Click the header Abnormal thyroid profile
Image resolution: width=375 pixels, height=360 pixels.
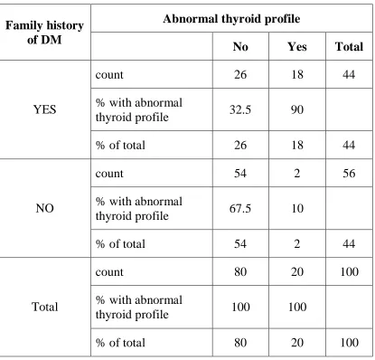click(231, 19)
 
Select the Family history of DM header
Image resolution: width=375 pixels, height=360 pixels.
click(44, 33)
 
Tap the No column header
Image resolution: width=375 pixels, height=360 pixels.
click(240, 47)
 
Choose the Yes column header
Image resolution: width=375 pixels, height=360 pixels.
click(297, 47)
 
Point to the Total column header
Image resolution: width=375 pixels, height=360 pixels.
click(349, 47)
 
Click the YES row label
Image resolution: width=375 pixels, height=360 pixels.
click(44, 109)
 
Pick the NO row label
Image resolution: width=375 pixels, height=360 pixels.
click(44, 208)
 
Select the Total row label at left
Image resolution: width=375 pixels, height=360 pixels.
click(44, 307)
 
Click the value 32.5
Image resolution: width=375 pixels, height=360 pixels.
click(240, 109)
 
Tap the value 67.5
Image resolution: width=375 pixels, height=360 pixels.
click(240, 208)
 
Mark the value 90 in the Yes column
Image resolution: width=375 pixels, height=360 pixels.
click(297, 109)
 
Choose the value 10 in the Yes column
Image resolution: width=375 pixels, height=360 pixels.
click(297, 208)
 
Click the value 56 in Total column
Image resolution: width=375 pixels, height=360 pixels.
click(349, 174)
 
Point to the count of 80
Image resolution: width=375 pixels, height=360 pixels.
click(240, 272)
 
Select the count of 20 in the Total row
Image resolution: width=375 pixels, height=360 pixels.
click(297, 272)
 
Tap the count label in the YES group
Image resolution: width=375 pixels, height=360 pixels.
click(109, 75)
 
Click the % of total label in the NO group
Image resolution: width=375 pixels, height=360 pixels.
click(120, 244)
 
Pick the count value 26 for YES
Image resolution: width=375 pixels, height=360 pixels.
click(240, 75)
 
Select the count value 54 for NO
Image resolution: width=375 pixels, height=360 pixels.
click(240, 174)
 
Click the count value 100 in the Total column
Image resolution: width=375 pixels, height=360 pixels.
click(349, 272)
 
